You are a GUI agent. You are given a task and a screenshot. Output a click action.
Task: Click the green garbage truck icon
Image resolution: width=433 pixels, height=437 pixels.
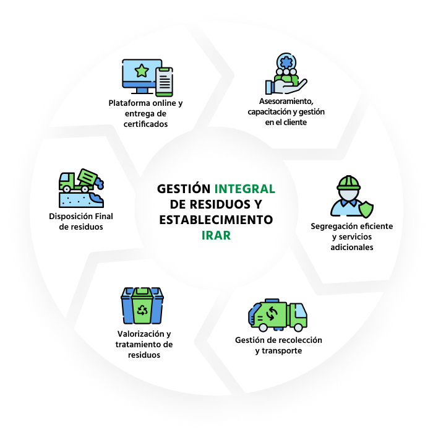pyautogui.click(x=277, y=315)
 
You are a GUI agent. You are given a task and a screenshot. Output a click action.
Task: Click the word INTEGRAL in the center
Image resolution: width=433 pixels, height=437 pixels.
pyautogui.click(x=244, y=188)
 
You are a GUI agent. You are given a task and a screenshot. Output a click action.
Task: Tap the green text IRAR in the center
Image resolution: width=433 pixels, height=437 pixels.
pyautogui.click(x=216, y=235)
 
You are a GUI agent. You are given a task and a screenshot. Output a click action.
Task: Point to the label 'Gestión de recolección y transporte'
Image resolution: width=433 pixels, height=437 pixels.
pyautogui.click(x=278, y=345)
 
